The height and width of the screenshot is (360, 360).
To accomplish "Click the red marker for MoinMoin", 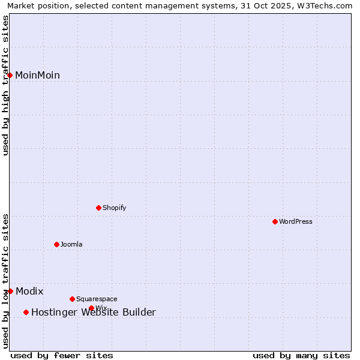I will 10,75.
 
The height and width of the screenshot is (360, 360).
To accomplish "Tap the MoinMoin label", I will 37,76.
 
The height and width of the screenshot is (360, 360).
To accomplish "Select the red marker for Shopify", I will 99,208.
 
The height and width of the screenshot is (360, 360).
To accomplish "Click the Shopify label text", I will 114,208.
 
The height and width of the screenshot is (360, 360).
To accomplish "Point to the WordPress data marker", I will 275,221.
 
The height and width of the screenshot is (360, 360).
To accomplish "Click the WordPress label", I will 295,222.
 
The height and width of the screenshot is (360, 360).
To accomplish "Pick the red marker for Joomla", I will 57,244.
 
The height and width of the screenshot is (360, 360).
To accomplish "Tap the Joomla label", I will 71,245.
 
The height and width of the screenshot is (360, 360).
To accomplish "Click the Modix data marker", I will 10,291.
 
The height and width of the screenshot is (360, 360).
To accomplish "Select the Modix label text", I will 29,292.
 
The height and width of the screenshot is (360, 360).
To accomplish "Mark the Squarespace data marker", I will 73,299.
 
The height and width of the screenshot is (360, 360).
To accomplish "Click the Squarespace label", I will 97,299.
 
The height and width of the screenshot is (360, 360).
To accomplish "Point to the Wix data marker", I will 92,308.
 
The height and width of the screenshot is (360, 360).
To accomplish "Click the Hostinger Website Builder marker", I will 26,312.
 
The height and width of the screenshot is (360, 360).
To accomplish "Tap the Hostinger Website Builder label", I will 93,313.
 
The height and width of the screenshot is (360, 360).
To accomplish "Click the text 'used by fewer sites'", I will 62,356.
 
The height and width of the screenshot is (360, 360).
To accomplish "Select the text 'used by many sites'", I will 301,356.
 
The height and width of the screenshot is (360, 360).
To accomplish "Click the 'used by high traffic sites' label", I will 6,85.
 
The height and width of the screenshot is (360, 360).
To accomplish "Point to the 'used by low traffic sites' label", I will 6,281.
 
